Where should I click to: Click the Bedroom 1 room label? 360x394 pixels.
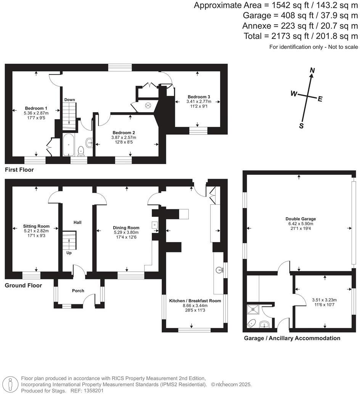pyautogui.click(x=36, y=108)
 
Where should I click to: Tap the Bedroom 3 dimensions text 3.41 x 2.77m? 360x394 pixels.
pyautogui.click(x=198, y=102)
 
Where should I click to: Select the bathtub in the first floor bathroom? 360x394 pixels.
pyautogui.click(x=69, y=145)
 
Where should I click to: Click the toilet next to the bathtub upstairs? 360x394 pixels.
pyautogui.click(x=81, y=151)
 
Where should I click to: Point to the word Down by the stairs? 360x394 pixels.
pyautogui.click(x=69, y=100)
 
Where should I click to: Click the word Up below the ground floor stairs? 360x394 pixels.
pyautogui.click(x=69, y=253)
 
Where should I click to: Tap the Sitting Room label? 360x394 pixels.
pyautogui.click(x=36, y=226)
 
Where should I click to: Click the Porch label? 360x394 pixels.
pyautogui.click(x=78, y=291)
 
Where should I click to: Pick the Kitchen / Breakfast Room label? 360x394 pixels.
pyautogui.click(x=195, y=301)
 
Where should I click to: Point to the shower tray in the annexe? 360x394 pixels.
pyautogui.click(x=252, y=309)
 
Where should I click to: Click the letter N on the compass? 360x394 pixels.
pyautogui.click(x=312, y=70)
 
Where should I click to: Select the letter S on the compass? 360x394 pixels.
pyautogui.click(x=301, y=126)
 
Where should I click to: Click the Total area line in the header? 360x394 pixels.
pyautogui.click(x=301, y=36)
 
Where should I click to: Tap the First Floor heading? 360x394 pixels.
pyautogui.click(x=19, y=170)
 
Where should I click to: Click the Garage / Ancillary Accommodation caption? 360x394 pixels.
pyautogui.click(x=292, y=338)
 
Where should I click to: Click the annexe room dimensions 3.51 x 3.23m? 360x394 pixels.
pyautogui.click(x=324, y=300)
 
